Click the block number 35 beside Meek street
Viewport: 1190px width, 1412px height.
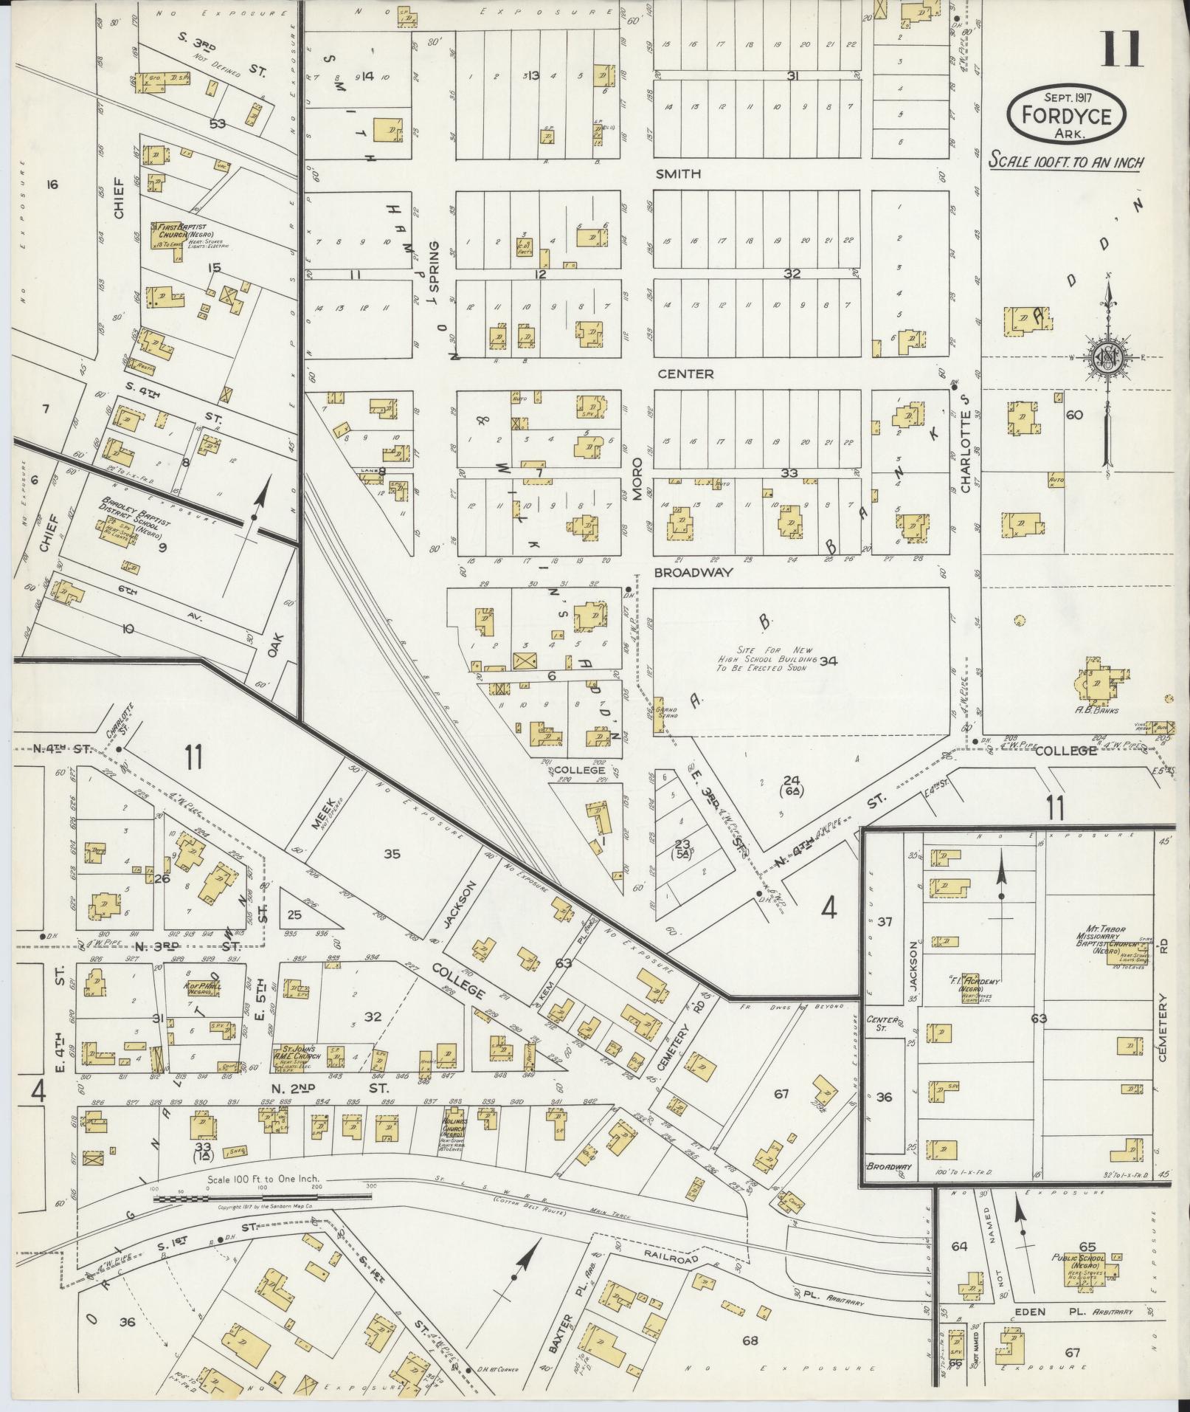click(x=392, y=854)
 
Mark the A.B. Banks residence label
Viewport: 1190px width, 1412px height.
click(x=1099, y=711)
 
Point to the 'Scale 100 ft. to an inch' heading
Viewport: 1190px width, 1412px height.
click(x=1065, y=161)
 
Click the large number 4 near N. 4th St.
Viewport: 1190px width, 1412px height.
click(x=828, y=909)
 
